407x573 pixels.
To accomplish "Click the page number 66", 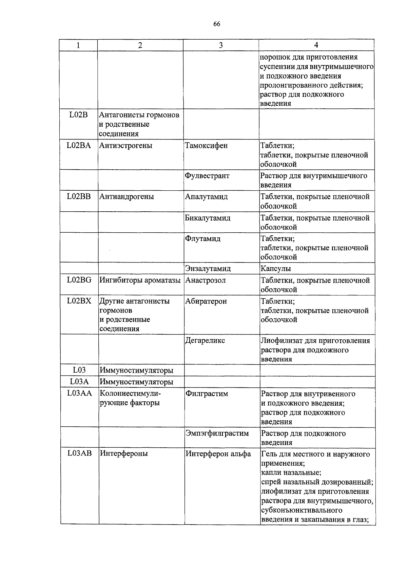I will pyautogui.click(x=217, y=24).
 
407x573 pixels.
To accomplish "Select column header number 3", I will pyautogui.click(x=221, y=45).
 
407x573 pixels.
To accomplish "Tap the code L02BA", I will pyautogui.click(x=79, y=146).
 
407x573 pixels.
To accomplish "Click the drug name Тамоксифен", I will pyautogui.click(x=206, y=146).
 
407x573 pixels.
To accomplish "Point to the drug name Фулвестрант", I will pyautogui.click(x=207, y=176).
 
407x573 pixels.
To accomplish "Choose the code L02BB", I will pyautogui.click(x=79, y=196).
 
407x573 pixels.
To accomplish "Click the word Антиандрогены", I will pyautogui.click(x=126, y=196).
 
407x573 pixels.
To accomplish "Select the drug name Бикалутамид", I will pyautogui.click(x=208, y=218).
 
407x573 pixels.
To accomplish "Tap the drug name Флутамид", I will pyautogui.click(x=202, y=238).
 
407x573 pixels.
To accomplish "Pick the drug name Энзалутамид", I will pyautogui.click(x=208, y=269).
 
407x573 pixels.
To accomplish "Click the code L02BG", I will pyautogui.click(x=79, y=280).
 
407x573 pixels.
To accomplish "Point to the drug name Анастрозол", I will pyautogui.click(x=205, y=280).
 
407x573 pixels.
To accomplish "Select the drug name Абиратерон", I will pyautogui.click(x=206, y=301).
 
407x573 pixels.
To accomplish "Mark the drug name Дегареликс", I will pyautogui.click(x=205, y=340).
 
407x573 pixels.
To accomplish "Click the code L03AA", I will pyautogui.click(x=79, y=393).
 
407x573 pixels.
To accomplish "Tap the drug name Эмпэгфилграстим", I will pyautogui.click(x=217, y=433).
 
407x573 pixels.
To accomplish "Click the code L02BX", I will pyautogui.click(x=79, y=301).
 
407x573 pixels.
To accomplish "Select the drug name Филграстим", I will pyautogui.click(x=207, y=394).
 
